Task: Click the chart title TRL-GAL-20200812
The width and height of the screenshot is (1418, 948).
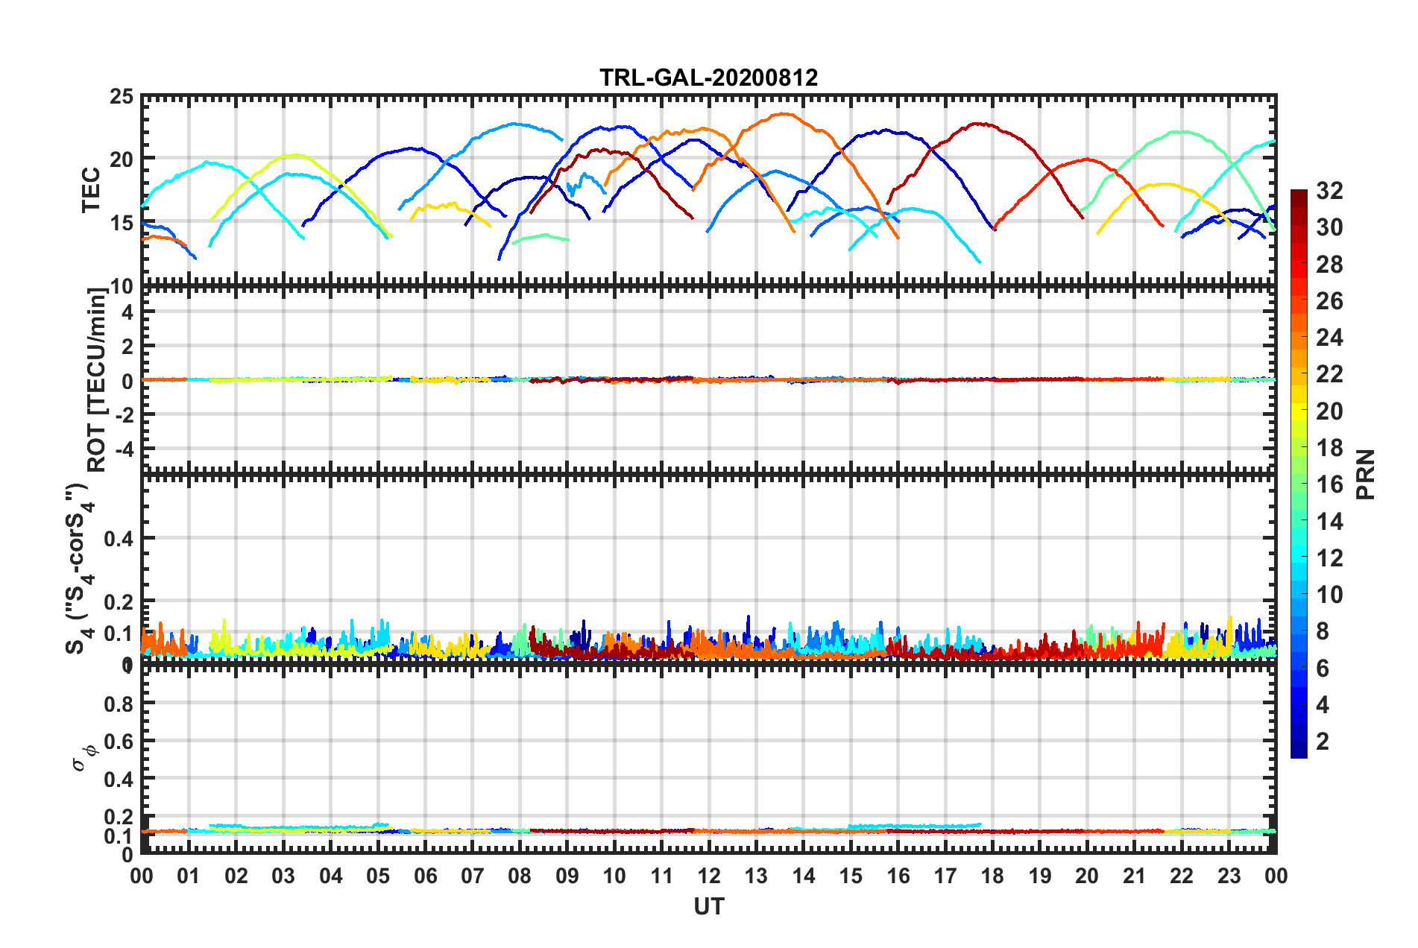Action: [708, 78]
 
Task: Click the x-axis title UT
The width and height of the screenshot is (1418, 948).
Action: [708, 906]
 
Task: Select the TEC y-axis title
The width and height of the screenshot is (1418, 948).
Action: [91, 190]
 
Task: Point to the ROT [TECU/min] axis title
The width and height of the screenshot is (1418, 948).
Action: [97, 380]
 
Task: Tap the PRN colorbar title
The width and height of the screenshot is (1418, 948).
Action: [1366, 474]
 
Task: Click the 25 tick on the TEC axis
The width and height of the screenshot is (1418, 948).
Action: [122, 97]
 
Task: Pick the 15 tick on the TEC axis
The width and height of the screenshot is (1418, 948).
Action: [122, 223]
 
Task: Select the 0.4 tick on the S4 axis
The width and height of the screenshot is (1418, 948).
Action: [119, 538]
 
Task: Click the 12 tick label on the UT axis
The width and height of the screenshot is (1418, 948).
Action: [708, 876]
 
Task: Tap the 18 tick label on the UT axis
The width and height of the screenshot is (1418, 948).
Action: [992, 876]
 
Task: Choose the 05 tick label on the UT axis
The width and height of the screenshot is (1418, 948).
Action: [378, 876]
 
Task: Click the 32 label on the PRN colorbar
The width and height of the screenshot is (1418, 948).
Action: [1329, 191]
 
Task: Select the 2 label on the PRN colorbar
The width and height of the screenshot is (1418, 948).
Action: [1323, 741]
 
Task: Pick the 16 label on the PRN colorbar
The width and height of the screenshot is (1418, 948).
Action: [1329, 484]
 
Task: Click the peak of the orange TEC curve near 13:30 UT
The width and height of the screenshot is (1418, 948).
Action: [783, 114]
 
